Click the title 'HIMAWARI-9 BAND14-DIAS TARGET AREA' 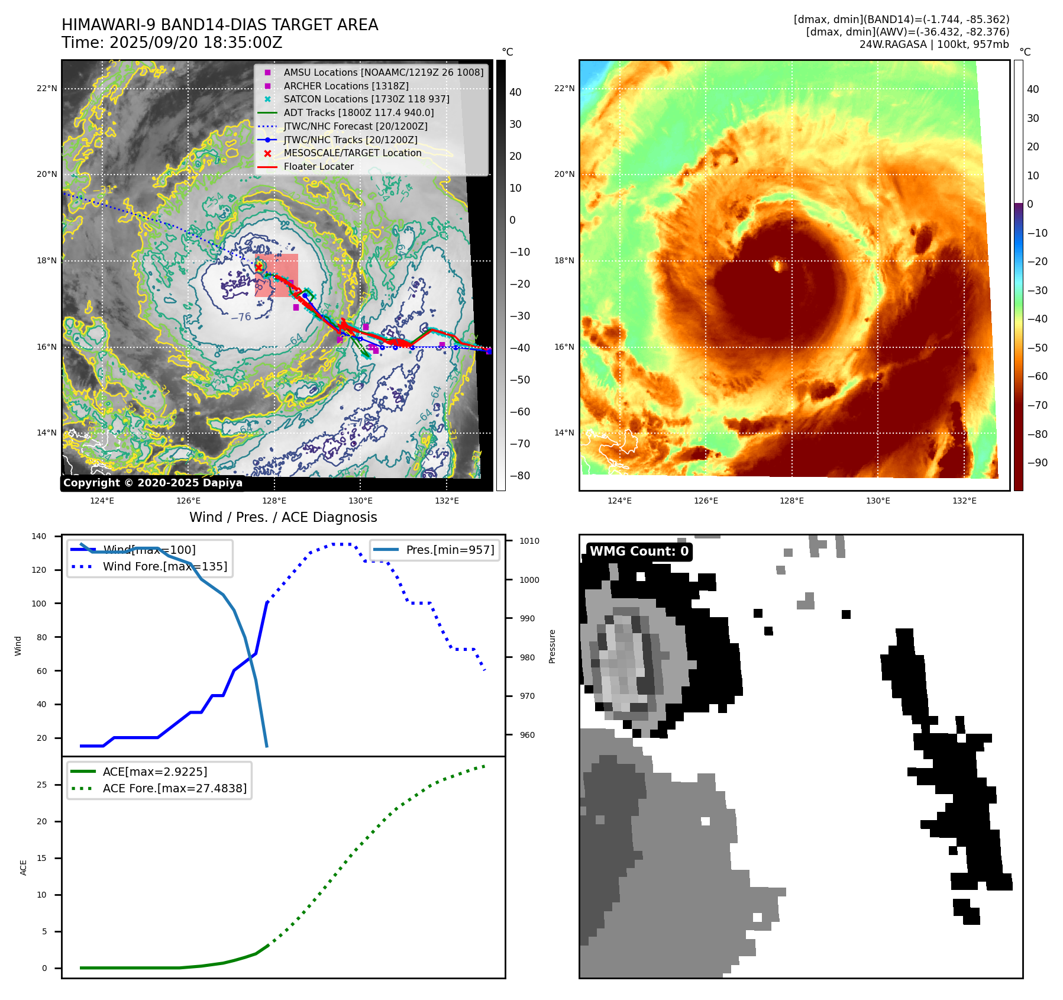219,25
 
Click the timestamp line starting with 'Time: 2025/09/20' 172,43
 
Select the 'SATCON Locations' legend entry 366,99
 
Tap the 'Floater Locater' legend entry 318,167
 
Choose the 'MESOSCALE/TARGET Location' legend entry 352,153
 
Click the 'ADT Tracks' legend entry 358,113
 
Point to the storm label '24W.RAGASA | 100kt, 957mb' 934,44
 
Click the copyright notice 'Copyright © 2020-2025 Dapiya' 153,483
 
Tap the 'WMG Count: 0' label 639,551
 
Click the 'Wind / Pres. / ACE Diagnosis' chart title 283,517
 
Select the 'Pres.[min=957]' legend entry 450,550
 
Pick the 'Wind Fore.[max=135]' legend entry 164,566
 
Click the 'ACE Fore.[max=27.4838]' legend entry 175,788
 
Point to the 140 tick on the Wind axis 39,536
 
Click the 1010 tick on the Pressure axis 529,541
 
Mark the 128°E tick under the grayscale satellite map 274,501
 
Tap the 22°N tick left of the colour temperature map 564,89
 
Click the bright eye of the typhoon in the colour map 777,264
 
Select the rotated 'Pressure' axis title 552,646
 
